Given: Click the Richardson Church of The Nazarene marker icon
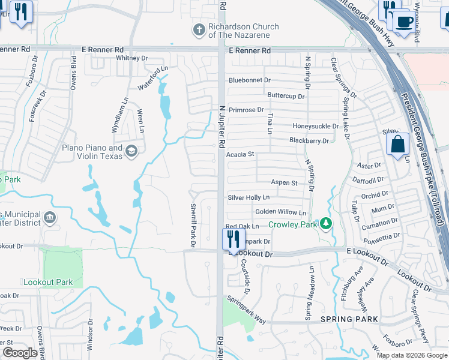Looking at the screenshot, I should point(199,29).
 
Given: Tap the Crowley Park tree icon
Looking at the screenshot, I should point(326,224).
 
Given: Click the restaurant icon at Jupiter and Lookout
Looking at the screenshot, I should point(232,239).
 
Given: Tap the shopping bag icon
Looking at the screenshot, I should point(397,144).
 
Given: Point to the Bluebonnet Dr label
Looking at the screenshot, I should point(250,80).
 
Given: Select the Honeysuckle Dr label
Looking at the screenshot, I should point(316,126).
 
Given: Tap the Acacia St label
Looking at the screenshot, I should point(240,154).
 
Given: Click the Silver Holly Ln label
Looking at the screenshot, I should point(249,197).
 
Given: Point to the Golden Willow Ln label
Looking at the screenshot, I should point(280,212).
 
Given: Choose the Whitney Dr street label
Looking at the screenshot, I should point(131,58).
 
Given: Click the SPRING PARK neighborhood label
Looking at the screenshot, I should point(349,319).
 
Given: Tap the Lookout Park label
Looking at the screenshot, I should point(48,282).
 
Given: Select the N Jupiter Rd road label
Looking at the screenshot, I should point(221,126).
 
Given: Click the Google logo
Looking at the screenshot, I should point(20,352).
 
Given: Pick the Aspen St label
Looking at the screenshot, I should point(284,182).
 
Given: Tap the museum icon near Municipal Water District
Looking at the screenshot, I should point(50,216).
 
